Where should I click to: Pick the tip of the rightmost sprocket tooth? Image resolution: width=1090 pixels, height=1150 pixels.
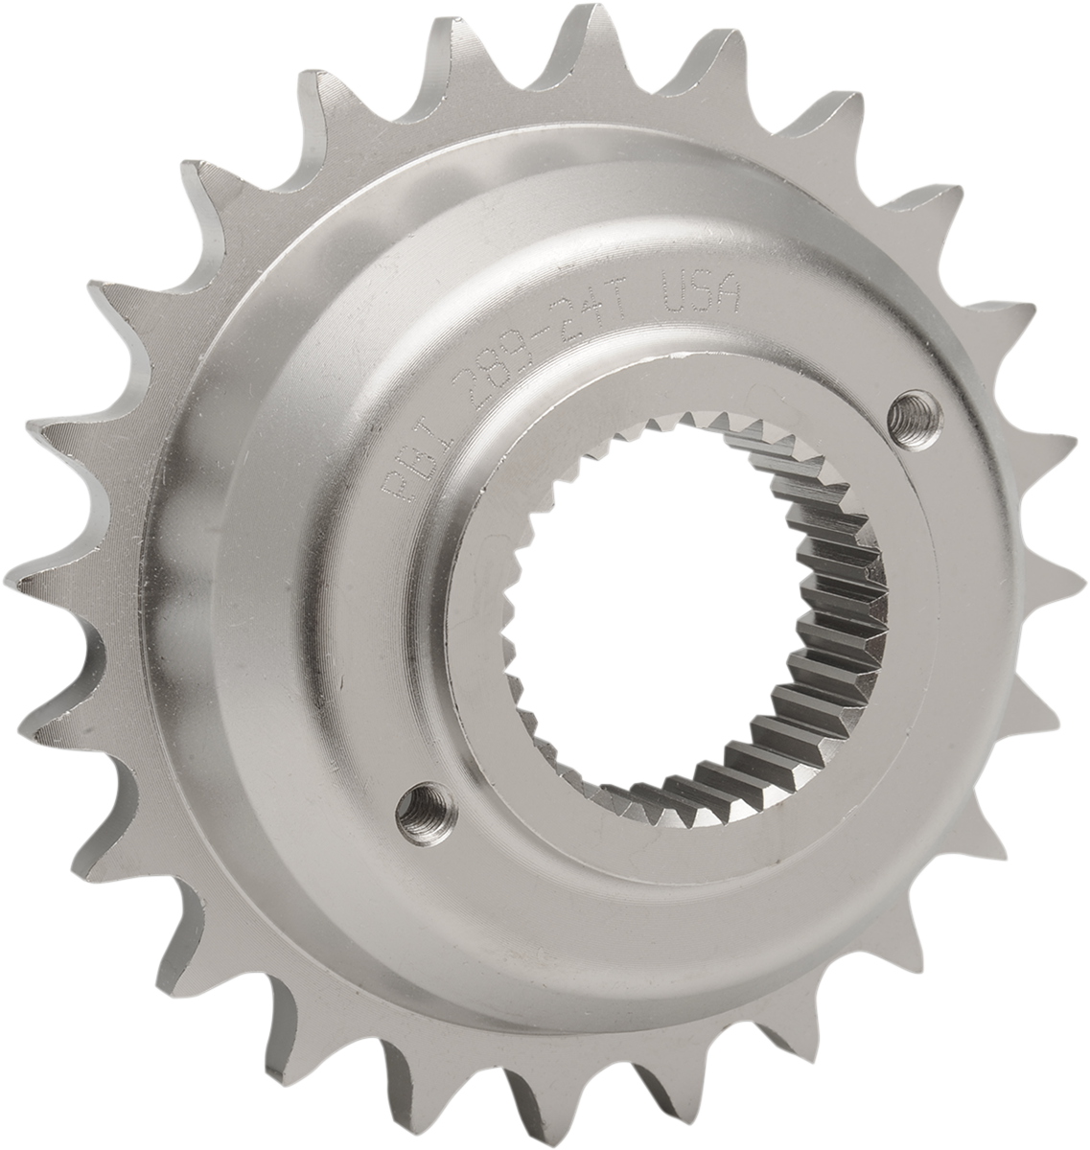1081,575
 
